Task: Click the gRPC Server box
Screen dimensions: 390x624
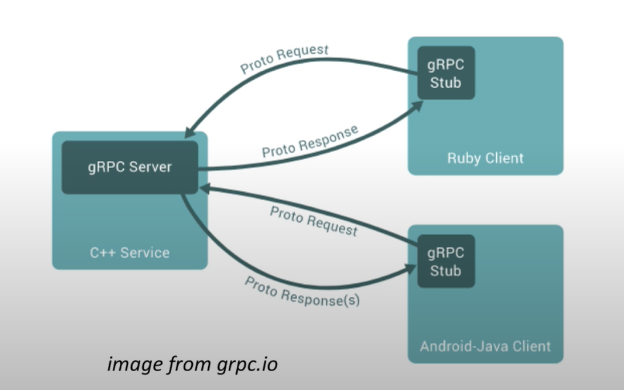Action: pyautogui.click(x=130, y=168)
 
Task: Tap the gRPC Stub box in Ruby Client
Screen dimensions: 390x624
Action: pyautogui.click(x=446, y=74)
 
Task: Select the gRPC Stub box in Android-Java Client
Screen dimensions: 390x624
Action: pyautogui.click(x=446, y=262)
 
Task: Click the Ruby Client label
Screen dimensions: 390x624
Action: pyautogui.click(x=485, y=158)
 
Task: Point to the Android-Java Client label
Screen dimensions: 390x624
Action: pyautogui.click(x=485, y=346)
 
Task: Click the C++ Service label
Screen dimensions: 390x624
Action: pyautogui.click(x=129, y=252)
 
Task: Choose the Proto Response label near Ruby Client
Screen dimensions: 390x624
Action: pyautogui.click(x=310, y=141)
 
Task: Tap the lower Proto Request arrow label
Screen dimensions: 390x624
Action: pyautogui.click(x=314, y=221)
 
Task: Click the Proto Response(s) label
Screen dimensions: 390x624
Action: pyautogui.click(x=302, y=292)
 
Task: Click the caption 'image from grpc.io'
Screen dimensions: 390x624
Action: pyautogui.click(x=192, y=364)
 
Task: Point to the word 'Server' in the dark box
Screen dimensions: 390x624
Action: pyautogui.click(x=151, y=168)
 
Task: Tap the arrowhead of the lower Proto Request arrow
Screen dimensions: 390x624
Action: pyautogui.click(x=205, y=189)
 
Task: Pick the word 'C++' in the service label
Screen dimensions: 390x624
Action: pyautogui.click(x=102, y=252)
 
